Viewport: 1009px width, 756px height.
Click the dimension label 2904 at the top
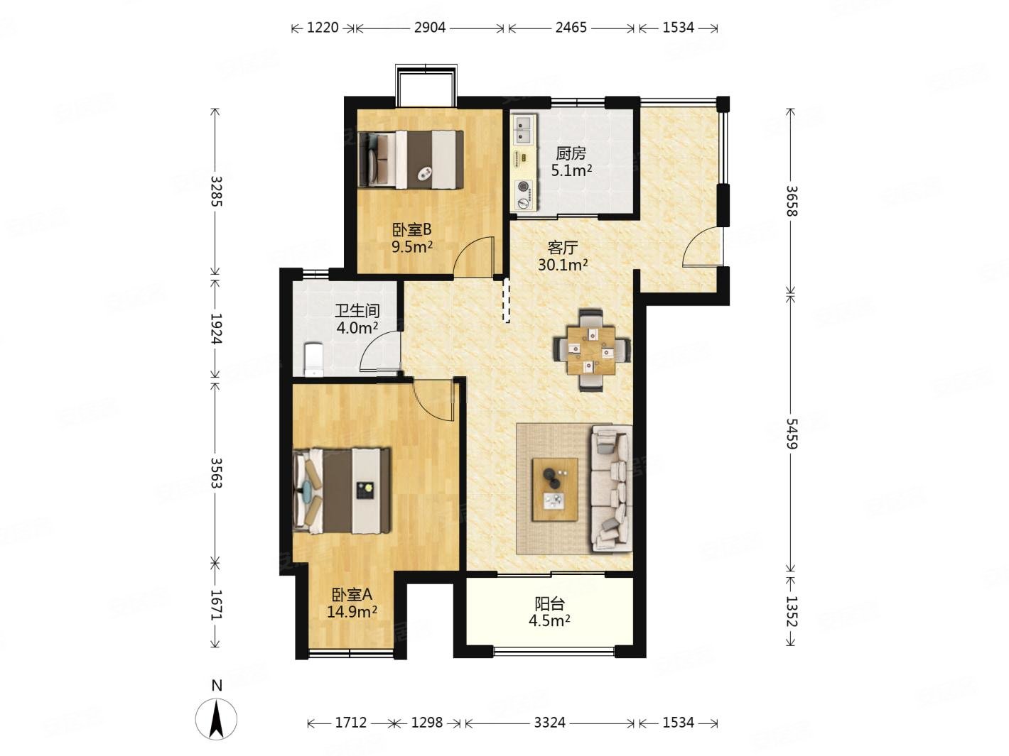tap(429, 28)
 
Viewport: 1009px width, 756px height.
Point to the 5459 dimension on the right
tap(791, 433)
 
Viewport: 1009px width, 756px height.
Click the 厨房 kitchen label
tap(571, 153)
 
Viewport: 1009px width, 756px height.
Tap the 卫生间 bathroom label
tap(357, 311)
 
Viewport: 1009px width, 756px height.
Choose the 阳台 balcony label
tap(549, 603)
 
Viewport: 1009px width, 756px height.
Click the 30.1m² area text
tap(563, 265)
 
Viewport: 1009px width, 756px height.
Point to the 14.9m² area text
tap(352, 611)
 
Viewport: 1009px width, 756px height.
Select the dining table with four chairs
tap(590, 350)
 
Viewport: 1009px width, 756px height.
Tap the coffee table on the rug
tap(555, 489)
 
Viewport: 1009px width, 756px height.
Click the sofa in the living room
tap(610, 488)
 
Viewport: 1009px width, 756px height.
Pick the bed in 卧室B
tap(411, 159)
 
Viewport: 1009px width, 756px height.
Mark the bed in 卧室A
tap(342, 491)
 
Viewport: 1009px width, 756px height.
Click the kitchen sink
tap(524, 129)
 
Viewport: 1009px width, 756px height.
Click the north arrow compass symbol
tap(217, 718)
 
